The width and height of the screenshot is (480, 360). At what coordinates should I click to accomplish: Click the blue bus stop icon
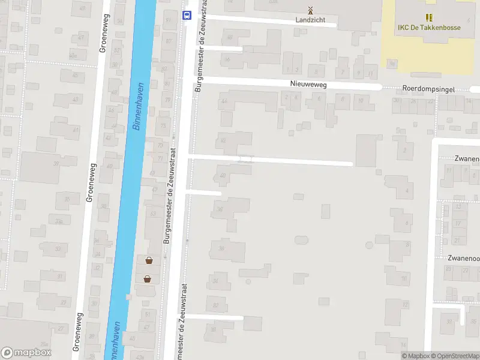pos(187,16)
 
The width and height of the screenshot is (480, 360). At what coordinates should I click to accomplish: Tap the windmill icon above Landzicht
pos(310,10)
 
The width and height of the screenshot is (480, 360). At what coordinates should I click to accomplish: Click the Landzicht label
pos(310,20)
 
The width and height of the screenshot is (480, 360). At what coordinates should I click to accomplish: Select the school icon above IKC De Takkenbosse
pos(429,17)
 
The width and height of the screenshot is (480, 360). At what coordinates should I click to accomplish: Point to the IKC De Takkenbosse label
pos(429,27)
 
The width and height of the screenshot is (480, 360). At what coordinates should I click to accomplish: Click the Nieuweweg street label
pos(308,85)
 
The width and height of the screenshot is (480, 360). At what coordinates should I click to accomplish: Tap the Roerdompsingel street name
pos(428,89)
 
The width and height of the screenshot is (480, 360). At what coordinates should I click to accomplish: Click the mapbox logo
pos(26,353)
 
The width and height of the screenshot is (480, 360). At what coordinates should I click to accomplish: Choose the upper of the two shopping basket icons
pos(148,260)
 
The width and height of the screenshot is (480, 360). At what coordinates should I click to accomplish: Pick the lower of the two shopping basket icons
pos(147,278)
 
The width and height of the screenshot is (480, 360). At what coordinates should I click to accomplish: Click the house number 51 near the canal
pos(148,314)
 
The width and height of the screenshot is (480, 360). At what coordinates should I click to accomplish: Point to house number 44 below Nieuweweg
pos(224,101)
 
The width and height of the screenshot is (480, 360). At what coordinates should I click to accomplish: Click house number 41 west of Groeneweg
pos(76,130)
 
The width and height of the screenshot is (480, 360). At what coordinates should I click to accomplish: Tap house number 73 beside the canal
pos(163,126)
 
